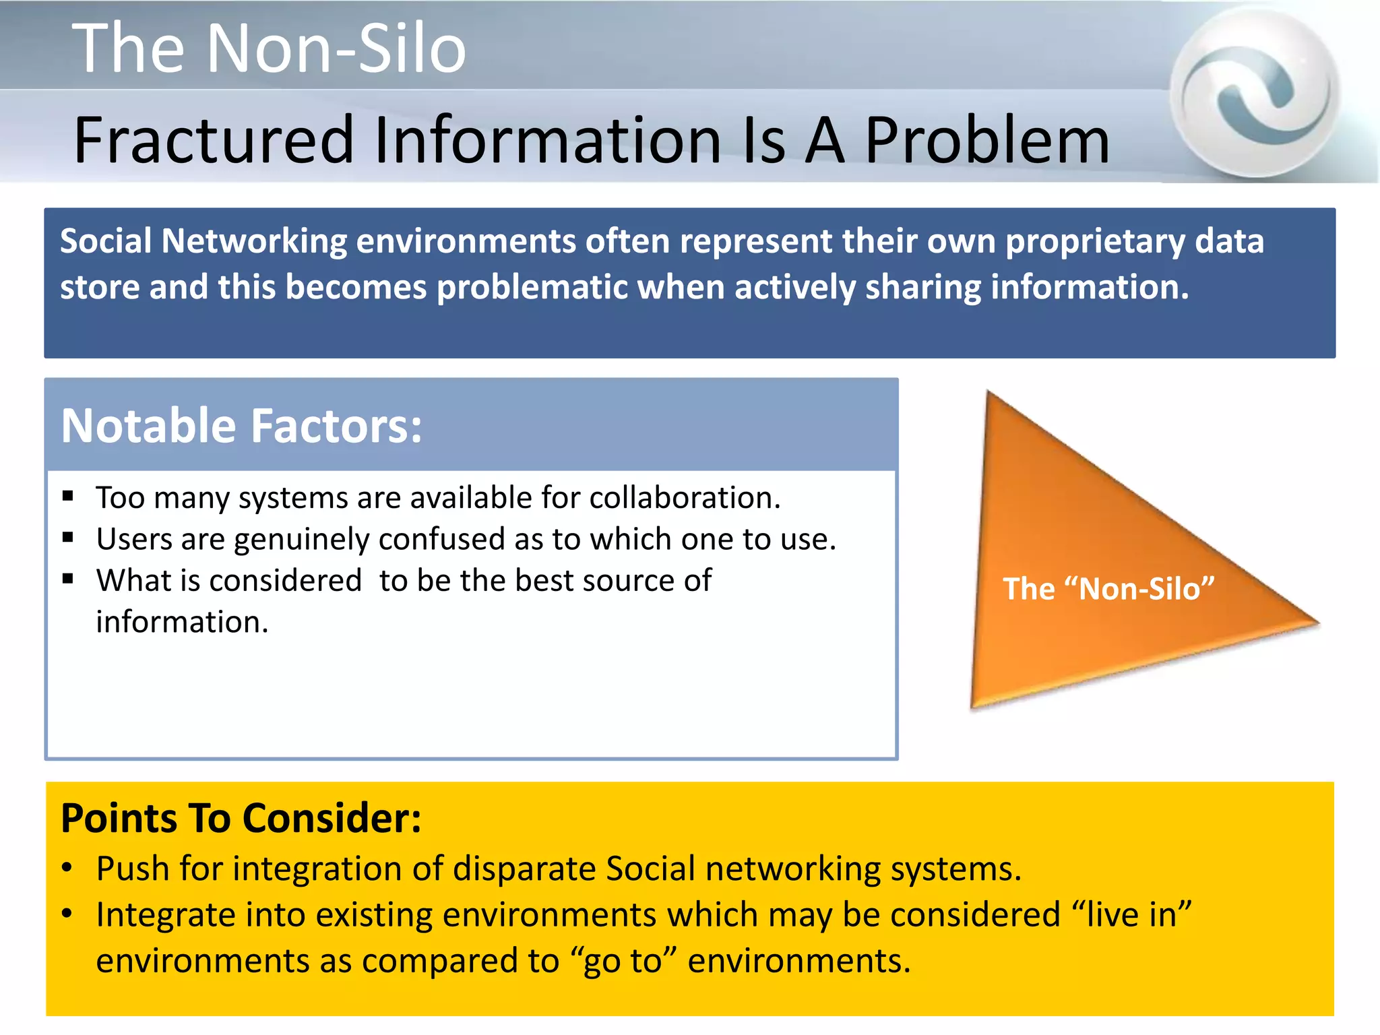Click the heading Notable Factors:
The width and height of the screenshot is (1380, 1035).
[x=241, y=426]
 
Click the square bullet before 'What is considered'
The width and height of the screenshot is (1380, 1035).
[x=67, y=579]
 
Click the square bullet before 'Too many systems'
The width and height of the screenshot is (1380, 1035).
[x=67, y=497]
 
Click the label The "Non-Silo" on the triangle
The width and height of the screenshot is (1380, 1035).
[x=1108, y=589]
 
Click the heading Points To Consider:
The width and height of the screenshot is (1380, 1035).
[x=241, y=818]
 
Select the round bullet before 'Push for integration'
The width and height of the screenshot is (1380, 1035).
[x=67, y=867]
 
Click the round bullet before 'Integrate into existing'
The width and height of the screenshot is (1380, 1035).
[x=67, y=914]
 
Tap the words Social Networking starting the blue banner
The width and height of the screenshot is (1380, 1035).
[x=203, y=241]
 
